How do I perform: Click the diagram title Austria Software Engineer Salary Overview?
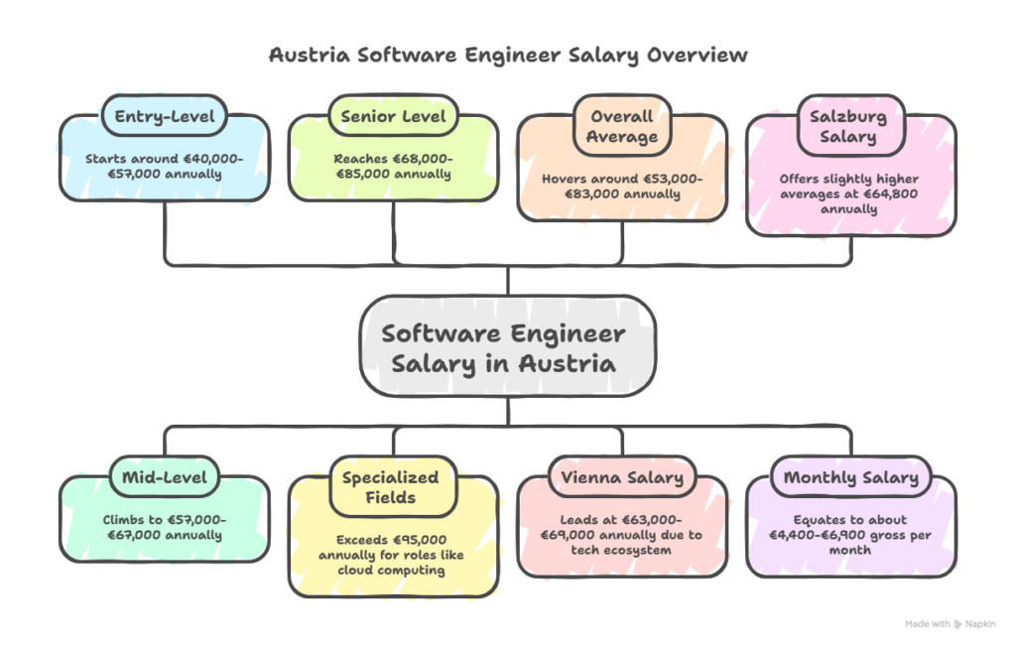pos(508,55)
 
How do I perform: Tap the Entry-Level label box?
pos(164,117)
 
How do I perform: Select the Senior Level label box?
pos(393,117)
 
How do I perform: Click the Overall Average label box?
pos(622,126)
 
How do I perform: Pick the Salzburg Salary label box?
pos(851,126)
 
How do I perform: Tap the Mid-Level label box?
pos(164,477)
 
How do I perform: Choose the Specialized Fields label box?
pos(393,486)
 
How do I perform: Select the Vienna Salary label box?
pos(622,477)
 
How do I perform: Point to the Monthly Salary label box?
pos(851,477)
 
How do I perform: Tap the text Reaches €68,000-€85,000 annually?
pos(394,166)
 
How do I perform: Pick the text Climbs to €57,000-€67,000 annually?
pos(164,527)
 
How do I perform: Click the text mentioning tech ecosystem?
pos(622,541)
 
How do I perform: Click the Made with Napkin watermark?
pos(950,624)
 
